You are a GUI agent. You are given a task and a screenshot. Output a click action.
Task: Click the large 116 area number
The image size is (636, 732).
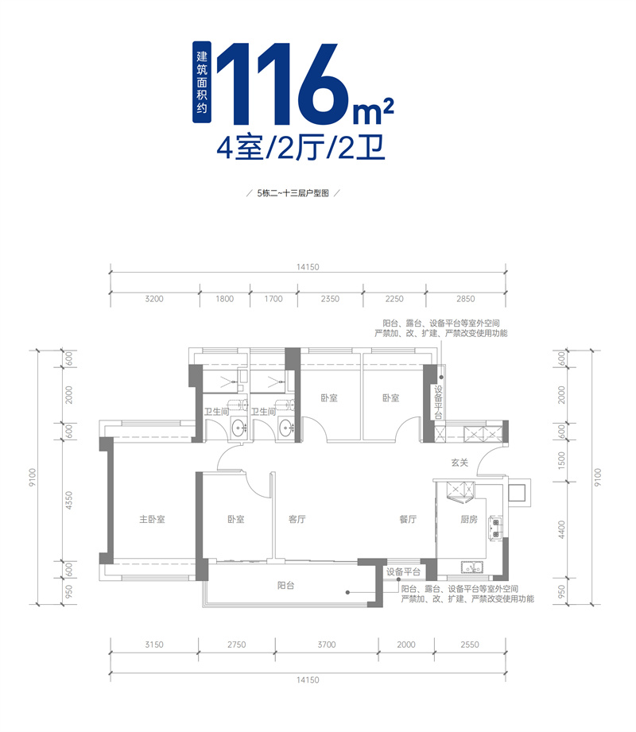click(x=282, y=86)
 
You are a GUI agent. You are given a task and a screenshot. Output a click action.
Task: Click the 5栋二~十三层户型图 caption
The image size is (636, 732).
click(x=293, y=193)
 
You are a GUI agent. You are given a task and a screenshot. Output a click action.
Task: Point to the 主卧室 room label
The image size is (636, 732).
click(x=151, y=520)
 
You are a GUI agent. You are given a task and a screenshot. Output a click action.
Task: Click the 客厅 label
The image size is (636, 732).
click(x=297, y=520)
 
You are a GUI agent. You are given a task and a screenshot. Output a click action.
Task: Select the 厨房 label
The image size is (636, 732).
click(x=469, y=520)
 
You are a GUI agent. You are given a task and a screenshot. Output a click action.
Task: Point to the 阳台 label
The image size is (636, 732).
click(x=286, y=585)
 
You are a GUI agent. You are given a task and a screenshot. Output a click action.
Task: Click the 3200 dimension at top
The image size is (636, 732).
click(x=154, y=300)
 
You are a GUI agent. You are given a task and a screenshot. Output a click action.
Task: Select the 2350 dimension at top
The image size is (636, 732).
click(x=330, y=300)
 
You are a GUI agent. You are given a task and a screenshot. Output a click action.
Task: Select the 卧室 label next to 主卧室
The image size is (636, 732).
click(x=235, y=520)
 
